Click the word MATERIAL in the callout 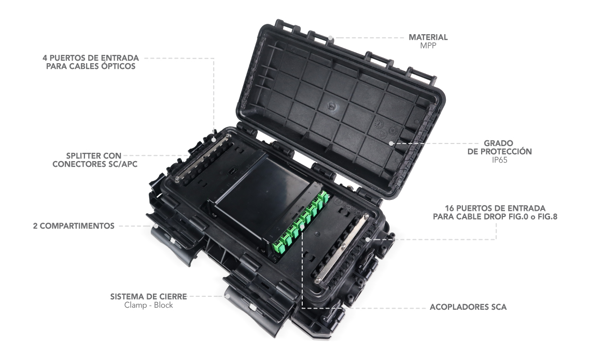coord(428,37)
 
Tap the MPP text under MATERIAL coord(428,46)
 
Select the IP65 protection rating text coord(499,160)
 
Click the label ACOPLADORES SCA coord(468,307)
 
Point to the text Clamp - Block coord(148,305)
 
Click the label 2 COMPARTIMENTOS coord(74,226)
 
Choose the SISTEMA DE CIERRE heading coord(148,297)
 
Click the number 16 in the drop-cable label coord(449,208)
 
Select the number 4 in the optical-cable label coord(45,58)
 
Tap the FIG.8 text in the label coord(547,217)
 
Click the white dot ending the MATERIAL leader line coord(330,38)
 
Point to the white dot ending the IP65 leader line coord(391,143)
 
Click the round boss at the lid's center coord(331,106)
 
